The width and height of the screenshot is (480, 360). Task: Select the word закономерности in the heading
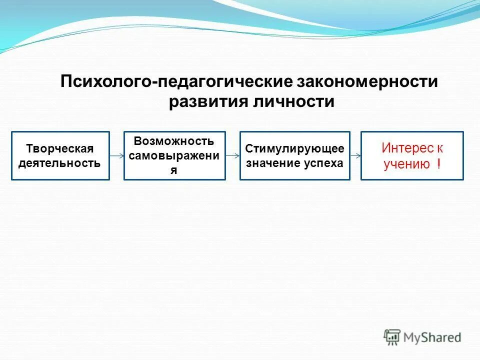(x=368, y=81)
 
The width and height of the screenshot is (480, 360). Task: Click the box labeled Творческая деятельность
(x=60, y=155)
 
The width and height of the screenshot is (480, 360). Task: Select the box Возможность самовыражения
(x=174, y=155)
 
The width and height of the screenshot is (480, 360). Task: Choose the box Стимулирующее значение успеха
(x=295, y=155)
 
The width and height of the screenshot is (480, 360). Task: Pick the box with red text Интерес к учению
(x=412, y=155)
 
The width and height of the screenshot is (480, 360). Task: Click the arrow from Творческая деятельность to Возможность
(x=116, y=156)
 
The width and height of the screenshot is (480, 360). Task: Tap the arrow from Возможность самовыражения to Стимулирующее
(x=232, y=156)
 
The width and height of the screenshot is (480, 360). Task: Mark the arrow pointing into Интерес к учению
(x=355, y=156)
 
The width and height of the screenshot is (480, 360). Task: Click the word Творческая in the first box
(x=60, y=149)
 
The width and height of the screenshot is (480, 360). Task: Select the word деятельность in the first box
(x=59, y=163)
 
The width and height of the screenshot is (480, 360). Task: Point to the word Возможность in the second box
(x=174, y=141)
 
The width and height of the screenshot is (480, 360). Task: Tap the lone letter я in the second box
(x=174, y=169)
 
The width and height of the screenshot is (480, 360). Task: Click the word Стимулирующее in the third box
(x=295, y=149)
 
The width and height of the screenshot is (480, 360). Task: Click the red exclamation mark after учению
(x=438, y=164)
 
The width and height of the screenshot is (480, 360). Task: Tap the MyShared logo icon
(x=392, y=337)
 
